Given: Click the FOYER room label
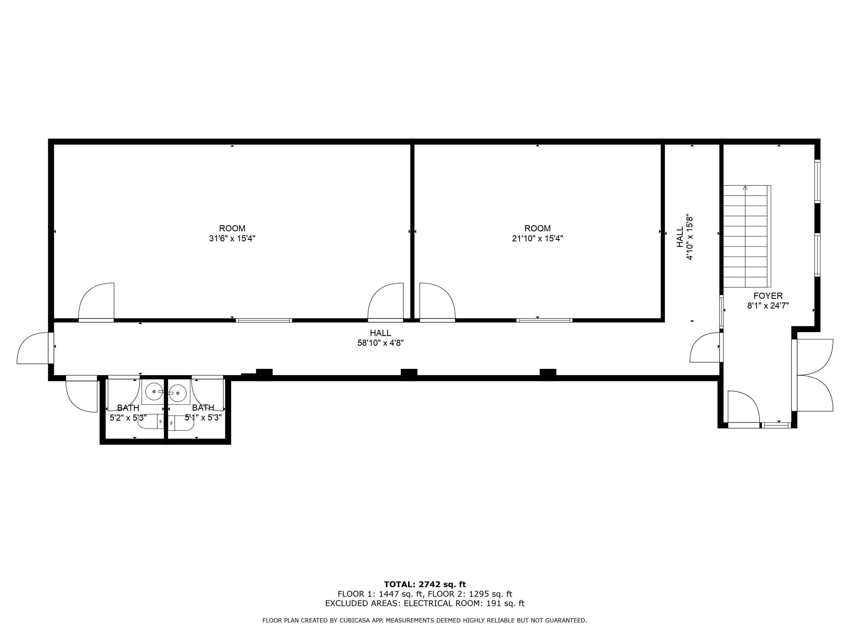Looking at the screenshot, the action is coord(768,296).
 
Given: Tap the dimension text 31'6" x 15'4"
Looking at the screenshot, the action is coord(232,238).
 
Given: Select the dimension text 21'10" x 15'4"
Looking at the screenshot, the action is coord(537,238).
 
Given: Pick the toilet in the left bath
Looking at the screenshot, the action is coord(151,422).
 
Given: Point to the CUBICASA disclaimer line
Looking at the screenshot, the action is coord(425,620).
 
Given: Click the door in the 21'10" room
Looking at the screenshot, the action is coord(437,302).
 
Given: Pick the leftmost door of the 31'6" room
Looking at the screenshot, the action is coord(96,302).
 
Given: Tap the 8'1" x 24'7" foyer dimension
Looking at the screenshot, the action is coord(768,306).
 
